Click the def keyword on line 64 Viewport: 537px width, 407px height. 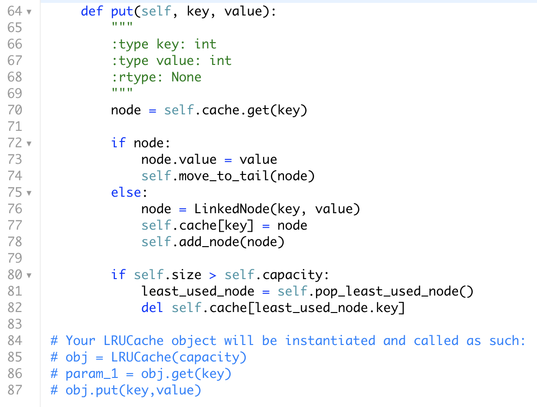(x=92, y=11)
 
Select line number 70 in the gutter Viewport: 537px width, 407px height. (x=15, y=110)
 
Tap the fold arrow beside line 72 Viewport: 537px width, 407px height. (x=29, y=143)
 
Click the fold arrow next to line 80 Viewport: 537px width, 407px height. (x=29, y=276)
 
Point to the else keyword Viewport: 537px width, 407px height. (x=126, y=192)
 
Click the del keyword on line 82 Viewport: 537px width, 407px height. (x=152, y=308)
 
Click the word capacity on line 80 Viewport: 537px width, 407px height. (x=292, y=275)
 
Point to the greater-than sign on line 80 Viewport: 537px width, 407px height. (x=213, y=275)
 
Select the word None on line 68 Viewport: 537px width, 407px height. (x=187, y=77)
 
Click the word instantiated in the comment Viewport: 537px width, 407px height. (x=330, y=341)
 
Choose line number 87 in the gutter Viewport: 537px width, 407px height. (x=15, y=390)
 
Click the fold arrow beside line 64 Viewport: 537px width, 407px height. (x=29, y=12)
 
